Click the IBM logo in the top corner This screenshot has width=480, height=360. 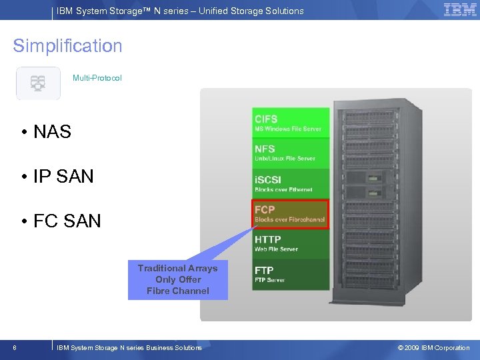click(459, 10)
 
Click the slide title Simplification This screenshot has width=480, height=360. click(67, 46)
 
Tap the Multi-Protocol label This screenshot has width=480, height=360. click(97, 78)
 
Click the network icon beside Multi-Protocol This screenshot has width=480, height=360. click(38, 83)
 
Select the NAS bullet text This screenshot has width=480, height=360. click(52, 132)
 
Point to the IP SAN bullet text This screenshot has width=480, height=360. click(63, 177)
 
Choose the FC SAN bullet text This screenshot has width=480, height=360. click(67, 221)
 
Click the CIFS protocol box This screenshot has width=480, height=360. click(291, 123)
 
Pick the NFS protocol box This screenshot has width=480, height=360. click(291, 153)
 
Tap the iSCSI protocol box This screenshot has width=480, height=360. click(291, 183)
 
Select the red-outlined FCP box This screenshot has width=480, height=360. click(291, 213)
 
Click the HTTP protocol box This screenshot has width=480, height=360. click(291, 243)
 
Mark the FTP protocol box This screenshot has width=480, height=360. click(291, 274)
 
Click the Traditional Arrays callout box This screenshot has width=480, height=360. click(177, 279)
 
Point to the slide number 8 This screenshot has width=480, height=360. click(15, 347)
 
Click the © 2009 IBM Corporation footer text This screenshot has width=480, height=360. click(433, 347)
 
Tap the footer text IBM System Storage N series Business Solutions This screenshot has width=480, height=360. click(129, 347)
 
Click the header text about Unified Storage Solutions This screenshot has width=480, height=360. click(180, 11)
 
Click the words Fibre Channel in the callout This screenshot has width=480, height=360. click(177, 291)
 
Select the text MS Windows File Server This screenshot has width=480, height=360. click(287, 129)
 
